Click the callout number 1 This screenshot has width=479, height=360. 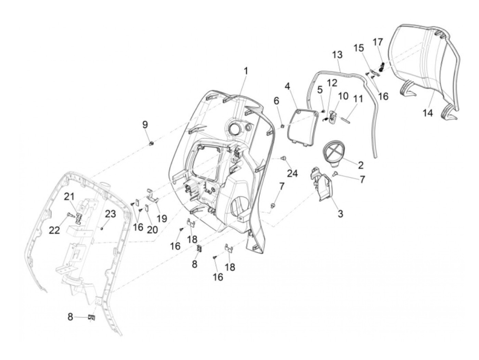pyautogui.click(x=246, y=72)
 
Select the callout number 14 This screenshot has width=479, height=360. pyautogui.click(x=428, y=113)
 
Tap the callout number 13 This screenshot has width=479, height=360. pyautogui.click(x=337, y=55)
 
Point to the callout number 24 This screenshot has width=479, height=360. pyautogui.click(x=292, y=173)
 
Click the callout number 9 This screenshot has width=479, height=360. pyautogui.click(x=145, y=125)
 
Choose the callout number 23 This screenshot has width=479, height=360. pyautogui.click(x=111, y=214)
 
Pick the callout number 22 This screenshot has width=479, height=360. pyautogui.click(x=54, y=230)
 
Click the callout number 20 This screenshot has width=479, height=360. pyautogui.click(x=152, y=229)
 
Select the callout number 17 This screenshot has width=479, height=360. pyautogui.click(x=378, y=42)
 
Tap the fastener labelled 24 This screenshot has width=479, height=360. pyautogui.click(x=283, y=158)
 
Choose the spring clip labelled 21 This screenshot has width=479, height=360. pyautogui.click(x=79, y=217)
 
